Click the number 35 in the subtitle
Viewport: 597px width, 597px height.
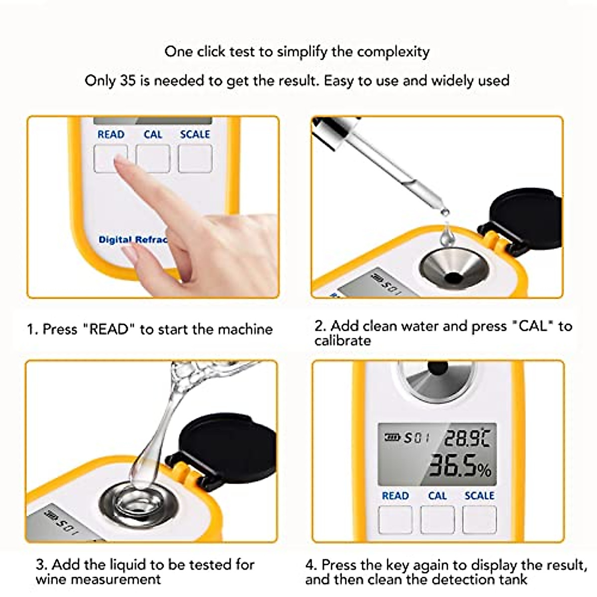click(x=128, y=81)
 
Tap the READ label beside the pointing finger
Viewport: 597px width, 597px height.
click(x=110, y=134)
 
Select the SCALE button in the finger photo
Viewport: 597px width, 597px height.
click(x=195, y=159)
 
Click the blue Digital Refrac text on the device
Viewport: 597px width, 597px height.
click(x=132, y=240)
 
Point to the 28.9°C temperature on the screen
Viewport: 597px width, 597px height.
click(x=466, y=438)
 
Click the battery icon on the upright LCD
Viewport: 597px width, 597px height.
click(x=392, y=437)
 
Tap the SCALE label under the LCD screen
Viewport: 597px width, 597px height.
click(x=479, y=496)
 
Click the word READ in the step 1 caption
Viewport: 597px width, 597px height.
click(x=109, y=329)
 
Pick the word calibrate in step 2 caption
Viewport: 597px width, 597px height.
click(x=342, y=341)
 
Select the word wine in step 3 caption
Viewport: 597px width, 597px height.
click(x=50, y=580)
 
